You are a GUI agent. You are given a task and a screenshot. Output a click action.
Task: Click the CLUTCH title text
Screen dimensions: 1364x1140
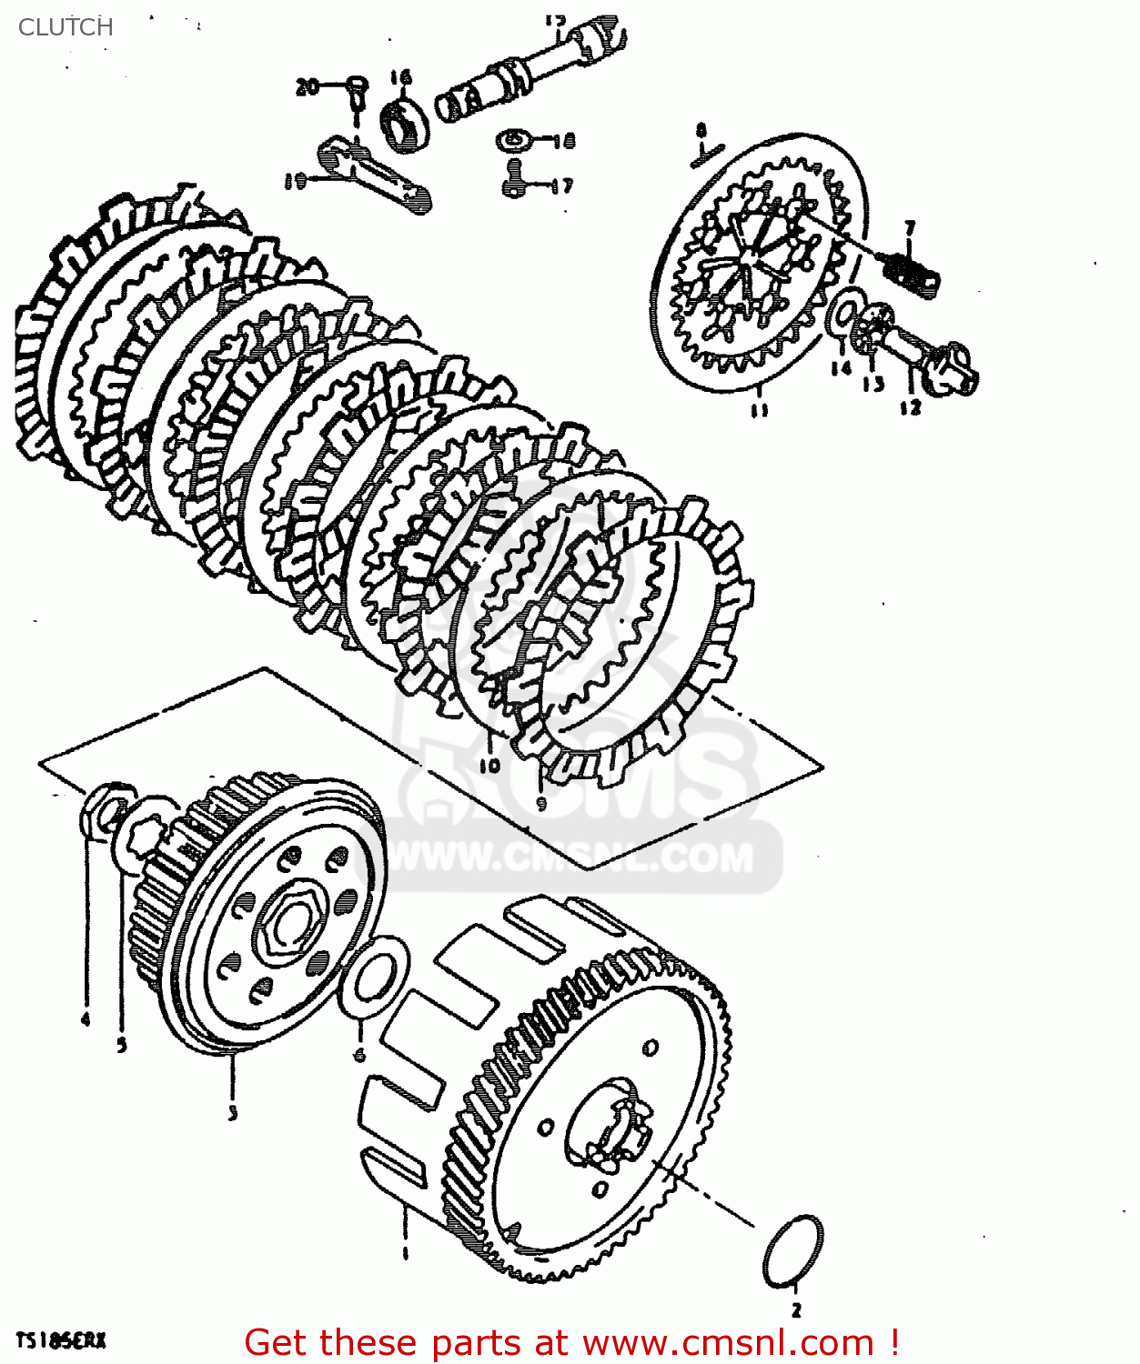66,27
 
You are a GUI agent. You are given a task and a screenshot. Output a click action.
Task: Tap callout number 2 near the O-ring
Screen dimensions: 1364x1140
796,1310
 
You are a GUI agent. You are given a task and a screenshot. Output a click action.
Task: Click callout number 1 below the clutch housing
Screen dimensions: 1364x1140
405,1254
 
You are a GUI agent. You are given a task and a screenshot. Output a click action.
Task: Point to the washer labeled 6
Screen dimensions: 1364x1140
373,978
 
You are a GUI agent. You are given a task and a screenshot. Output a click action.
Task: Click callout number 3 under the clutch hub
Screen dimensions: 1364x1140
233,1112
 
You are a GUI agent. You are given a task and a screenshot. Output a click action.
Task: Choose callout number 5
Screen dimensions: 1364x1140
122,1045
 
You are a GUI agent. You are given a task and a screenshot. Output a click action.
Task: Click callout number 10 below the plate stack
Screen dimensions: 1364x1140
489,766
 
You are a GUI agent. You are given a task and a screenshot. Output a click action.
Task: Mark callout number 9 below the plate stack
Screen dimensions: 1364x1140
541,803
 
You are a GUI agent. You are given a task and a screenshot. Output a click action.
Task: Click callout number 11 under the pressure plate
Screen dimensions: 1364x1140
759,410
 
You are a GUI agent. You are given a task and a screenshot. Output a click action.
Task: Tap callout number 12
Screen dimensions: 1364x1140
911,407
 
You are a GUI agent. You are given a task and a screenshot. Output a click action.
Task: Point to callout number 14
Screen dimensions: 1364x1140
840,367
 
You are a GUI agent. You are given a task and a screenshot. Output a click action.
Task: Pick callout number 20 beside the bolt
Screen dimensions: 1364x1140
308,86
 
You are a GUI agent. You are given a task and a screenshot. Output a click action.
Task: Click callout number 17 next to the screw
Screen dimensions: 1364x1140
561,186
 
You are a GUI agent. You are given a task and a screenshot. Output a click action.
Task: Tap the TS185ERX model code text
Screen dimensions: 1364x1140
60,1340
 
